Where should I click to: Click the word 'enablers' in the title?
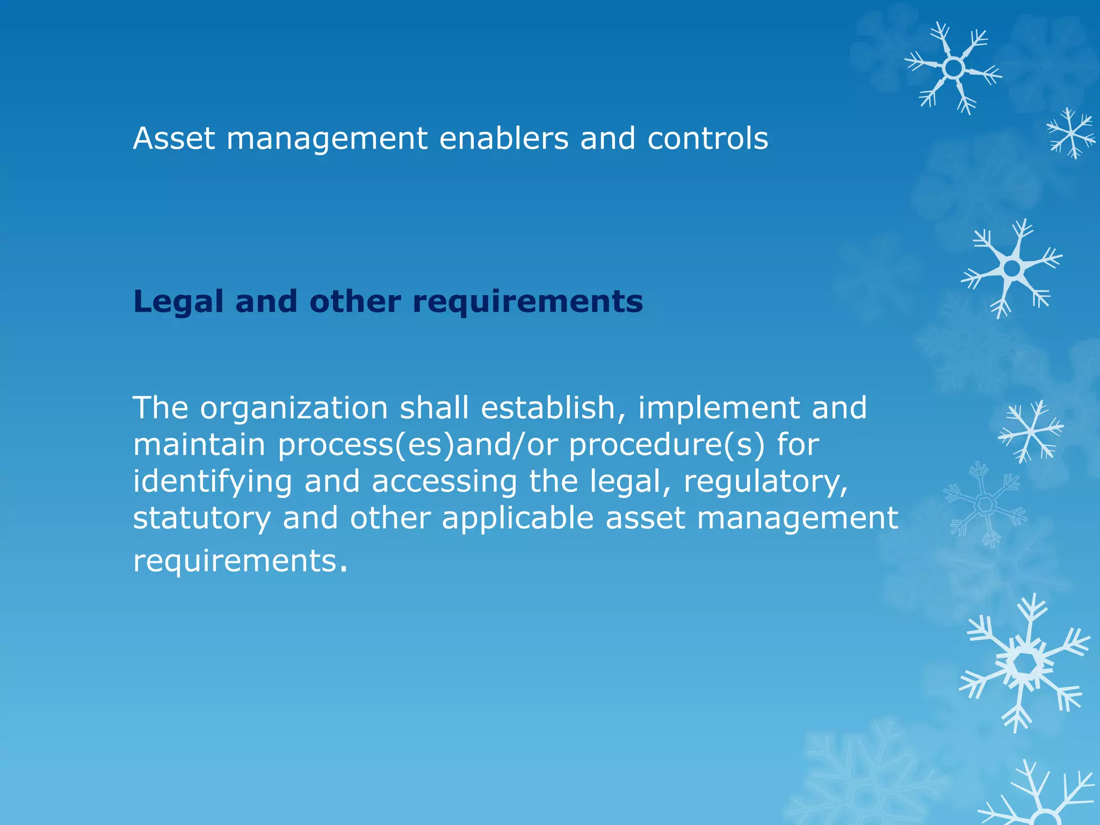point(503,139)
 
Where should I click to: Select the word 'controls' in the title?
point(707,139)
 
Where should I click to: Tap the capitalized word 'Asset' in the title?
point(174,139)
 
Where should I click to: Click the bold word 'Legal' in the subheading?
point(178,302)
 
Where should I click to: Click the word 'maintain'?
point(199,445)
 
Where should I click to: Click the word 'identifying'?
point(212,482)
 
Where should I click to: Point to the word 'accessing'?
point(444,482)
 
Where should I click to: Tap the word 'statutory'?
point(201,519)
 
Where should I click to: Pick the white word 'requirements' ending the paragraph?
point(235,562)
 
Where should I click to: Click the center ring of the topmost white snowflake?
point(953,68)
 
